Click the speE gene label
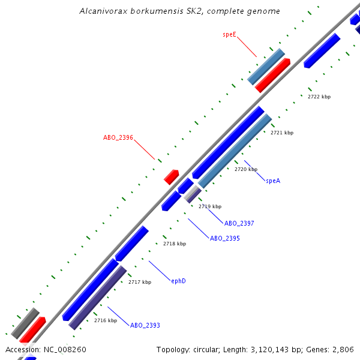[229, 35]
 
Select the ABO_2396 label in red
[118, 137]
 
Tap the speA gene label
[273, 181]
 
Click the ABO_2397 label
[239, 223]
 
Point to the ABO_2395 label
[225, 238]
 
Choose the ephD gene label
[178, 281]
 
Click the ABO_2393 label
[145, 325]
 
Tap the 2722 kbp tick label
[319, 97]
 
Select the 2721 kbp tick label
[281, 133]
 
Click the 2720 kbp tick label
[245, 170]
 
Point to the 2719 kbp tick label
[210, 206]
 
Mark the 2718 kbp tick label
[175, 244]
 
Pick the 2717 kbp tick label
[140, 282]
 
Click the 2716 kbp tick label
[105, 320]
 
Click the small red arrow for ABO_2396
[172, 176]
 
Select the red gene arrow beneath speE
[272, 75]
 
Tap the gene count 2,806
[343, 349]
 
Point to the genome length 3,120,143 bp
[262, 349]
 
